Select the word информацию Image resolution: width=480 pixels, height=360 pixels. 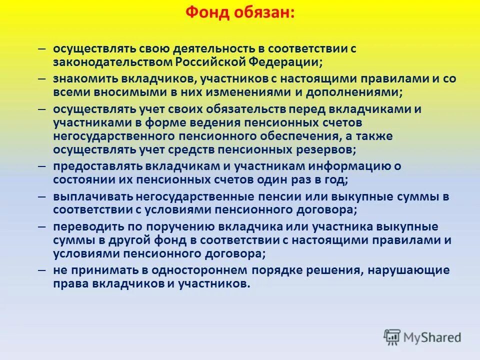coord(361,166)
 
